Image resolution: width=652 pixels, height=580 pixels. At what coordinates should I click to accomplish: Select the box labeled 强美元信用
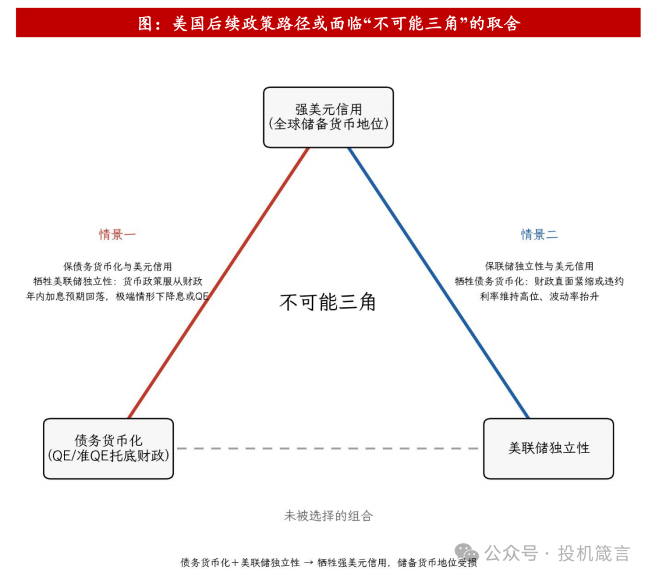tap(328, 117)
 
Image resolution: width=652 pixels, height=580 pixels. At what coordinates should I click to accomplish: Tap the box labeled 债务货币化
tap(109, 448)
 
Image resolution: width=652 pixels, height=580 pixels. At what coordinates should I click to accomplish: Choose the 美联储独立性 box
tap(548, 448)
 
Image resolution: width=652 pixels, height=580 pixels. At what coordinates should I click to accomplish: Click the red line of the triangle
tap(219, 283)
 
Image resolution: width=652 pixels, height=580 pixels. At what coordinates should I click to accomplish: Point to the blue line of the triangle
tap(438, 283)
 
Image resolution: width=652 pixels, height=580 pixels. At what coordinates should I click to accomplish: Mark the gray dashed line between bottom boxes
tap(328, 448)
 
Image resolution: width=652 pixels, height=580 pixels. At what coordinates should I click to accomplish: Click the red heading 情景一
tap(117, 234)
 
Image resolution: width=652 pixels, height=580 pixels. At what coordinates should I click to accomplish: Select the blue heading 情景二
tap(539, 234)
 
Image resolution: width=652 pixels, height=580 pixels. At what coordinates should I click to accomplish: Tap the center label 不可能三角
tap(328, 302)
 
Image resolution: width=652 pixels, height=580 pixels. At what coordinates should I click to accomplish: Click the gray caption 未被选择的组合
tap(328, 516)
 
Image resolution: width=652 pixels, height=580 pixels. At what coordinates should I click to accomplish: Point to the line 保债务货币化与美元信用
tap(118, 266)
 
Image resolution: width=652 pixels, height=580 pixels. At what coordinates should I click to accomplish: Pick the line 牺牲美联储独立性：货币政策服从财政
tap(118, 282)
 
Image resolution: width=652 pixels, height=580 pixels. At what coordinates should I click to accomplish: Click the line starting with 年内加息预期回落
tap(118, 296)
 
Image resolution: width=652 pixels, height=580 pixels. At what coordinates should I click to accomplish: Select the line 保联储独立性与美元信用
tap(539, 266)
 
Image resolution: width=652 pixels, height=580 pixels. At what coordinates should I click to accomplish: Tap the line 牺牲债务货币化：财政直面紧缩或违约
tap(539, 282)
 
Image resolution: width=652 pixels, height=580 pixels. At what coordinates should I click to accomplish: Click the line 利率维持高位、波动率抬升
tap(539, 296)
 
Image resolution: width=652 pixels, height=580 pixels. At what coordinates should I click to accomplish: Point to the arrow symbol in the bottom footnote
tap(308, 562)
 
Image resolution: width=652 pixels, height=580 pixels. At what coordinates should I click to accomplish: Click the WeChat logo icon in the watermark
tap(467, 553)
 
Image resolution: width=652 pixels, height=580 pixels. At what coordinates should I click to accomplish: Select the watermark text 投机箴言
tap(594, 553)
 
